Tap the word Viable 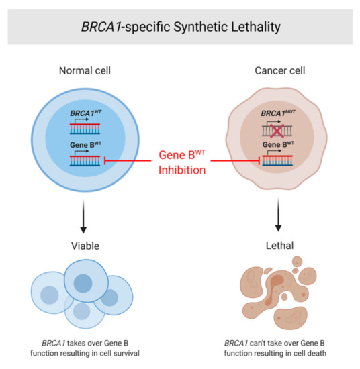point(87,246)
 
